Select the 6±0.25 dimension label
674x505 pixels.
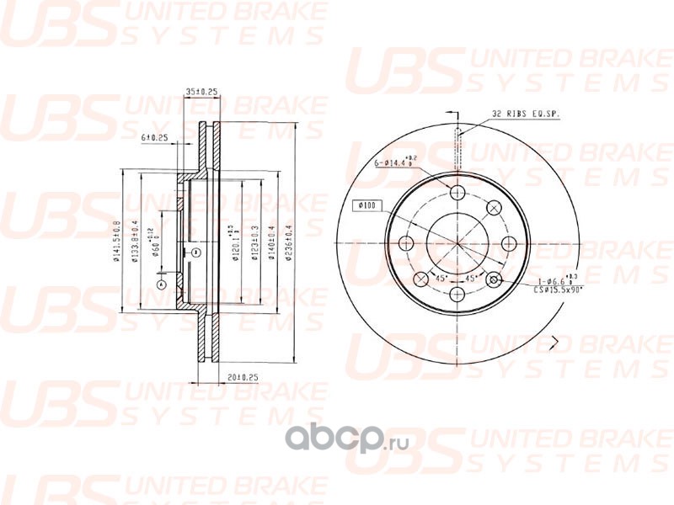[x=156, y=136]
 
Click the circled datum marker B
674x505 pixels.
[x=195, y=252]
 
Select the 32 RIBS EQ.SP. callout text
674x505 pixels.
[x=527, y=113]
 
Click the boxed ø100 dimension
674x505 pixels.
[x=369, y=205]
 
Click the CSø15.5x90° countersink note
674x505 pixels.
[x=556, y=288]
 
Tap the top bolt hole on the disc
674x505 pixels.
[x=457, y=193]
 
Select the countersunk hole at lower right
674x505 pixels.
[x=495, y=280]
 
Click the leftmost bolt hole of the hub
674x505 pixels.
[x=406, y=244]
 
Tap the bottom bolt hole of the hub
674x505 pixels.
[x=457, y=295]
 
